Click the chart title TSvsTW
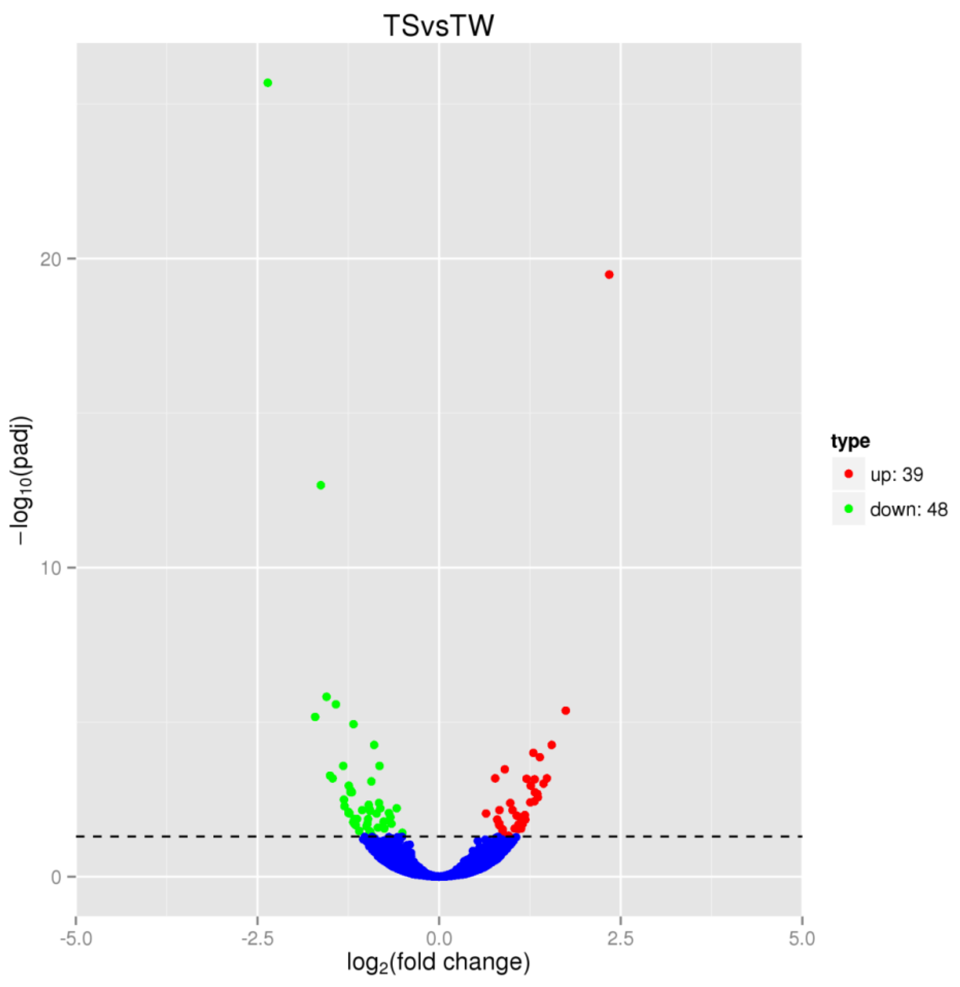click(x=438, y=26)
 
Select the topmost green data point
click(x=268, y=83)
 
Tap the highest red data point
click(x=609, y=275)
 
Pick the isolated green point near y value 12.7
click(x=320, y=485)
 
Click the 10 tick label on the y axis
click(x=50, y=568)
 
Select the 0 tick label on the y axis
click(x=56, y=878)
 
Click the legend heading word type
click(x=850, y=441)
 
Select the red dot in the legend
click(x=849, y=474)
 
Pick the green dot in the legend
click(x=849, y=509)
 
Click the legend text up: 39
click(x=896, y=474)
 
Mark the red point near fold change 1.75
click(x=565, y=711)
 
